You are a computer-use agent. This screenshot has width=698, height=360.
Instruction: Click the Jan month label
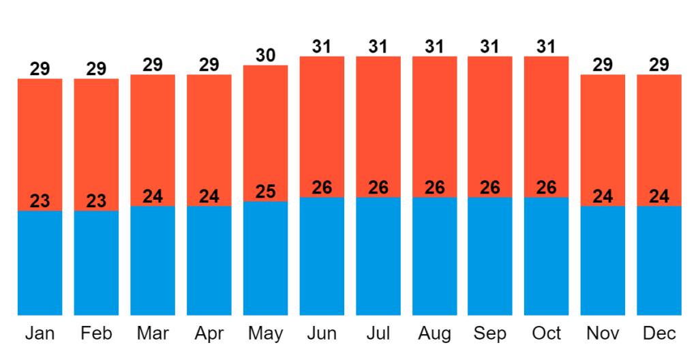pyautogui.click(x=40, y=333)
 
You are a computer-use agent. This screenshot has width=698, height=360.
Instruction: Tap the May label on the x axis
pyautogui.click(x=265, y=333)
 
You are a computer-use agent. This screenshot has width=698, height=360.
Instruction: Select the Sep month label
pyautogui.click(x=490, y=333)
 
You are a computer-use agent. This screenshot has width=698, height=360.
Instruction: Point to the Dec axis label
pyautogui.click(x=659, y=333)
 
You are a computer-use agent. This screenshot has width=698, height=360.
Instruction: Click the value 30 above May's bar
pyautogui.click(x=265, y=55)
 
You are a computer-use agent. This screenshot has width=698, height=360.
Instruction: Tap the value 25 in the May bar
pyautogui.click(x=265, y=192)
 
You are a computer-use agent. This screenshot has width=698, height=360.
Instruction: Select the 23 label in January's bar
pyautogui.click(x=40, y=201)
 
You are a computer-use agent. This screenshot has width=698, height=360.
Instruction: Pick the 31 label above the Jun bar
pyautogui.click(x=322, y=47)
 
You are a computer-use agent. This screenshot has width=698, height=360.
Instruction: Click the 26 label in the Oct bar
pyautogui.click(x=546, y=187)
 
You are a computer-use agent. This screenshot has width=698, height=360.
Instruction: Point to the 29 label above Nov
pyautogui.click(x=603, y=65)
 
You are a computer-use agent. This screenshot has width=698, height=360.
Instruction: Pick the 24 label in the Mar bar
pyautogui.click(x=153, y=196)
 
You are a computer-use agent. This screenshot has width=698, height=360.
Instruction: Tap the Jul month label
pyautogui.click(x=378, y=333)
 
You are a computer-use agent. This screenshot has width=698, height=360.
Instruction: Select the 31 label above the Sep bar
pyautogui.click(x=490, y=47)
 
